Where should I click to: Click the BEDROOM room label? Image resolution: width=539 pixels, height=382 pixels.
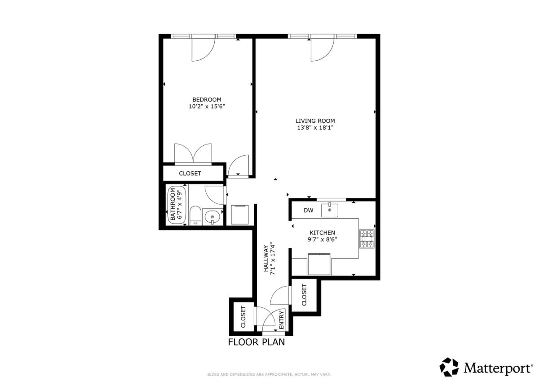[207, 99]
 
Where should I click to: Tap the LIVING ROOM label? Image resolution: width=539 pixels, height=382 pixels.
[315, 121]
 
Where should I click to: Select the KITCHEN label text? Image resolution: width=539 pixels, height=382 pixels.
[322, 233]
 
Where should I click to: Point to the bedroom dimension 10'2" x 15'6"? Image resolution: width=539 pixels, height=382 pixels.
[207, 106]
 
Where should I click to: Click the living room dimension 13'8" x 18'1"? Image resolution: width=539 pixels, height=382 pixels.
[315, 127]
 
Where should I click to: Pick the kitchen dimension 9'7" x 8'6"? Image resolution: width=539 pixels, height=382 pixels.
[322, 239]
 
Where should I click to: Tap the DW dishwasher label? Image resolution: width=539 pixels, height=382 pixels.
[308, 211]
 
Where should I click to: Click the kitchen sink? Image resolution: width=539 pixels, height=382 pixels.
[330, 210]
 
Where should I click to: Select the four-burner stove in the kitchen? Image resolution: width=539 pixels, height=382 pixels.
[367, 239]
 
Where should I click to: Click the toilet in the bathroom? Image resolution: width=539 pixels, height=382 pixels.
[195, 216]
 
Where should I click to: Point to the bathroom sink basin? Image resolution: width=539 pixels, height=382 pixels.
[212, 217]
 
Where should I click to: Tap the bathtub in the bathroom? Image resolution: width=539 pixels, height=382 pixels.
[177, 205]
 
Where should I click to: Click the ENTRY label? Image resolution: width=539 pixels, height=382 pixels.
[281, 320]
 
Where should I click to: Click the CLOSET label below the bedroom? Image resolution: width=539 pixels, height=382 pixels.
[190, 173]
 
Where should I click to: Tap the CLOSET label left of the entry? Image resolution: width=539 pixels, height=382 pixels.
[243, 317]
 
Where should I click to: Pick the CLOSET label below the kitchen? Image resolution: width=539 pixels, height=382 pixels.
[304, 295]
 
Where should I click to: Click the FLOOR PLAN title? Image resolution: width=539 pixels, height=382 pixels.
[256, 342]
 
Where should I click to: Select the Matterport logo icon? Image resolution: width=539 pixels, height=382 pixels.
[449, 367]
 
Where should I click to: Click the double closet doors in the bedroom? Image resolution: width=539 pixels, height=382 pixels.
[193, 154]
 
